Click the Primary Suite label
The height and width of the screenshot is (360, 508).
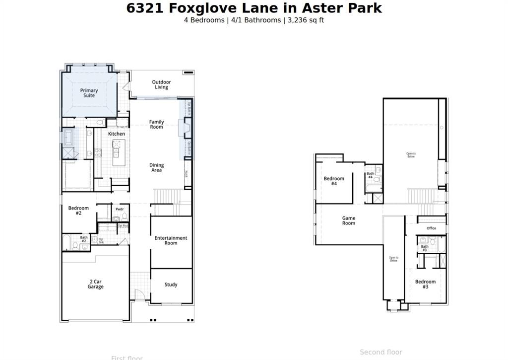(x=89, y=93)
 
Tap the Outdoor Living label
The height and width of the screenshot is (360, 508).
(x=161, y=84)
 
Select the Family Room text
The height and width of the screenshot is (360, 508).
(x=157, y=124)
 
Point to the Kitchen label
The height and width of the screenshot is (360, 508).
(x=117, y=134)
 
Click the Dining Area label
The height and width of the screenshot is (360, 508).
(x=157, y=168)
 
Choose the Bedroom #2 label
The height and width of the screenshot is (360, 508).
(x=78, y=211)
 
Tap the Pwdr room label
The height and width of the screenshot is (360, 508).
(x=120, y=209)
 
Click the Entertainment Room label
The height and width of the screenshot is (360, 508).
(x=171, y=240)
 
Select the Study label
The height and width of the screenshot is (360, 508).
(x=171, y=285)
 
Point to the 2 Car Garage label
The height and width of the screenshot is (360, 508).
(x=95, y=284)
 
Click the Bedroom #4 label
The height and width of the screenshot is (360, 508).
(x=334, y=181)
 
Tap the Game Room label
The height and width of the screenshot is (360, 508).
(x=349, y=220)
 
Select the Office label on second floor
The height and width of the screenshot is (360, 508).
(x=431, y=228)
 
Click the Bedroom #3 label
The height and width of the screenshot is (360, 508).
(x=425, y=284)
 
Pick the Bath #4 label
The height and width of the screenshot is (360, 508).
(x=370, y=175)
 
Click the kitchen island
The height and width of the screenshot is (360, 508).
(x=118, y=152)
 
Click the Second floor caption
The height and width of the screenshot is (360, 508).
(x=381, y=352)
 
